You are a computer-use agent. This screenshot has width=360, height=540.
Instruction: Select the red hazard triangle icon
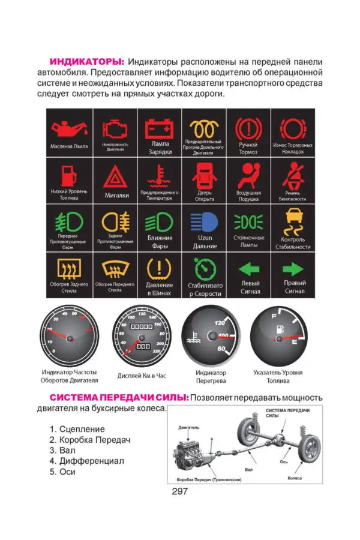pyautogui.click(x=113, y=178)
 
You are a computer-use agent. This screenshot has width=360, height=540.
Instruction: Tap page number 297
pyautogui.click(x=180, y=491)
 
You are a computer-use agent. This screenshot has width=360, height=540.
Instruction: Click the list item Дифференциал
pyautogui.click(x=87, y=461)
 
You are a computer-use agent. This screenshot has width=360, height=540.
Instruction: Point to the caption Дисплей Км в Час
pyautogui.click(x=142, y=376)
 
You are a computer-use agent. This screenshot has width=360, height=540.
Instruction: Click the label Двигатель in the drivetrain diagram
pyautogui.click(x=189, y=428)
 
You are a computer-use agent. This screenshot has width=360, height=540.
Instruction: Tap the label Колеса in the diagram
pyautogui.click(x=295, y=478)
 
